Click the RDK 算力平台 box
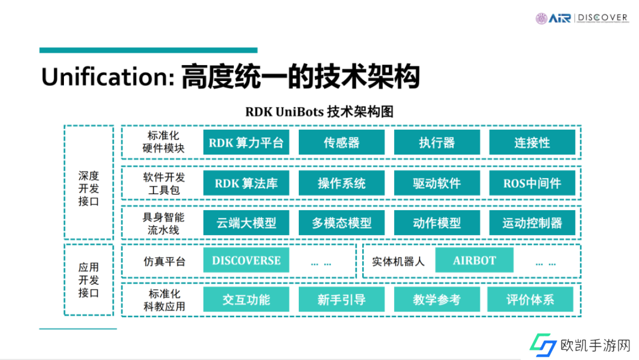[246, 143]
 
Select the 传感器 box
[341, 143]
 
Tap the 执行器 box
[437, 143]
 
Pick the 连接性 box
[532, 143]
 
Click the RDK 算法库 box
[246, 183]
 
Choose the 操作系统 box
[341, 183]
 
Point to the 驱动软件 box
[437, 183]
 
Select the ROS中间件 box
[532, 183]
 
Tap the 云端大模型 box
[246, 223]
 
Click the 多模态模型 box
[341, 223]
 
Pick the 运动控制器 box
[532, 223]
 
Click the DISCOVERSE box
[246, 261]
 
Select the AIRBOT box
[475, 261]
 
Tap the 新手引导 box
[341, 300]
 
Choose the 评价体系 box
[530, 300]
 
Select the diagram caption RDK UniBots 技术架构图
[319, 111]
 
